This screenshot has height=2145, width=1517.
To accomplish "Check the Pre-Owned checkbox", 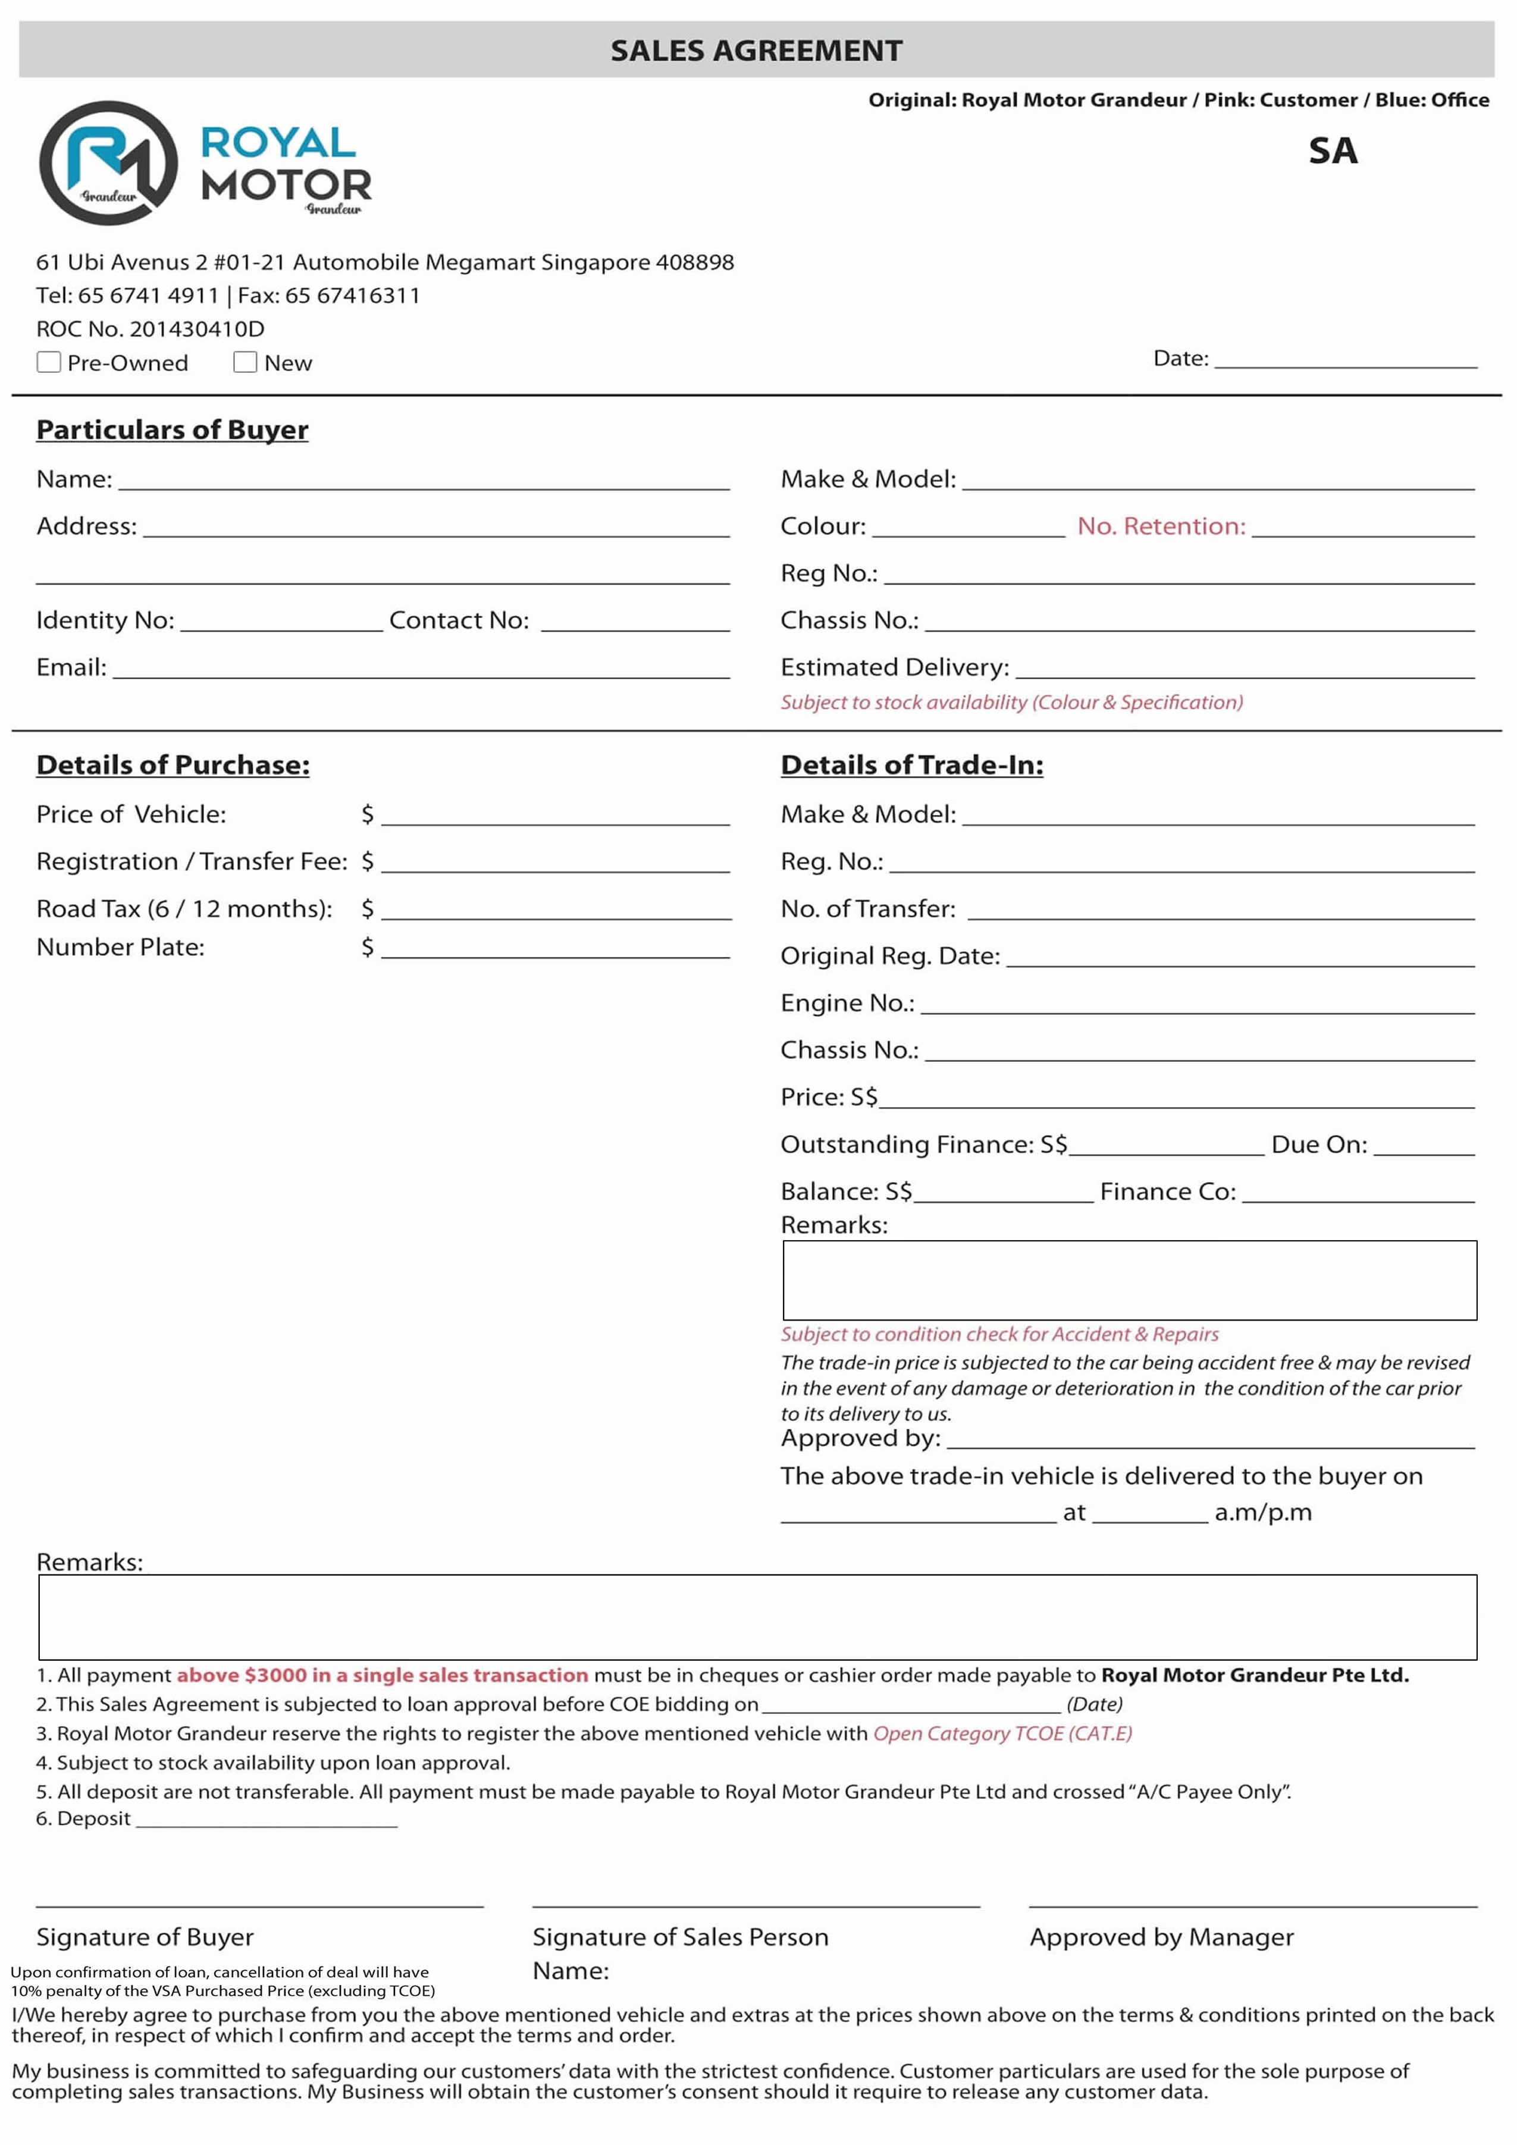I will (x=49, y=362).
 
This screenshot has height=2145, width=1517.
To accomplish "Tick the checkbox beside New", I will (x=245, y=362).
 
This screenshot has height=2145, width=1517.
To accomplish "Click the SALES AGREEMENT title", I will (x=757, y=51).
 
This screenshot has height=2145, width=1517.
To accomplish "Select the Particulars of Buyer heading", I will (x=172, y=429).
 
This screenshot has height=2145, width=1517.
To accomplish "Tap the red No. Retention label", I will (x=1161, y=526).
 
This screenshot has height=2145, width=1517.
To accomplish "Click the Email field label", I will (x=71, y=667).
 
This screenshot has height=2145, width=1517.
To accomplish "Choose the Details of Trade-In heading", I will (x=912, y=765).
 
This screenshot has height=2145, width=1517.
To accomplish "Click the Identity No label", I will (x=105, y=620).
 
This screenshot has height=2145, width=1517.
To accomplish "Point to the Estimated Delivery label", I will (x=894, y=667).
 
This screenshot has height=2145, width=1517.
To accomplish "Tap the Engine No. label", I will (x=847, y=1002).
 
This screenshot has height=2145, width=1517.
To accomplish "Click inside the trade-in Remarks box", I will (x=1129, y=1280).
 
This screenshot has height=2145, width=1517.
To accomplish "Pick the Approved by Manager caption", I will (x=1161, y=1937).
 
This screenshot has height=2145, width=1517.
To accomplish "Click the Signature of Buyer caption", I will (x=145, y=1937).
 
